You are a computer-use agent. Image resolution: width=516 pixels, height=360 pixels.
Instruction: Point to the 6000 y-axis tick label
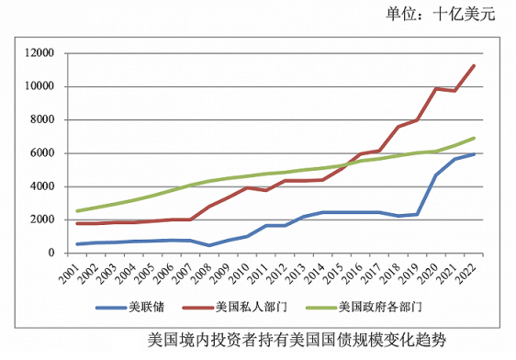[47, 153]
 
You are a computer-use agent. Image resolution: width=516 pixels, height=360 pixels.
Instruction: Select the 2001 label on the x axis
[79, 271]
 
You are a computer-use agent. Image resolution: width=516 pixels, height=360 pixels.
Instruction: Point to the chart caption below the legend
[296, 340]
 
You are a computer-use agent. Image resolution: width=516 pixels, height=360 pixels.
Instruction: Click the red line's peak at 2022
[473, 65]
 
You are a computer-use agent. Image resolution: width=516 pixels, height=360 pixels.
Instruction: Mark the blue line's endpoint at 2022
[473, 154]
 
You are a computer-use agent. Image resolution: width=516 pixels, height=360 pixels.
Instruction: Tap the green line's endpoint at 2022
[473, 139]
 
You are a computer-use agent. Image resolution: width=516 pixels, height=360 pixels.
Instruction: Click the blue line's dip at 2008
[209, 245]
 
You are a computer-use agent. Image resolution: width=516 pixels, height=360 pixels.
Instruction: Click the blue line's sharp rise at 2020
[435, 175]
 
